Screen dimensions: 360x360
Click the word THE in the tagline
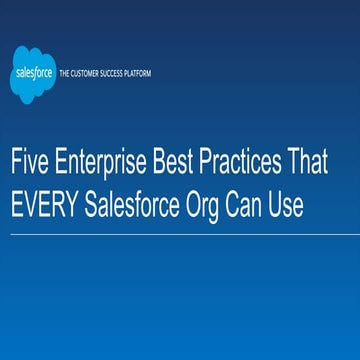(65, 74)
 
